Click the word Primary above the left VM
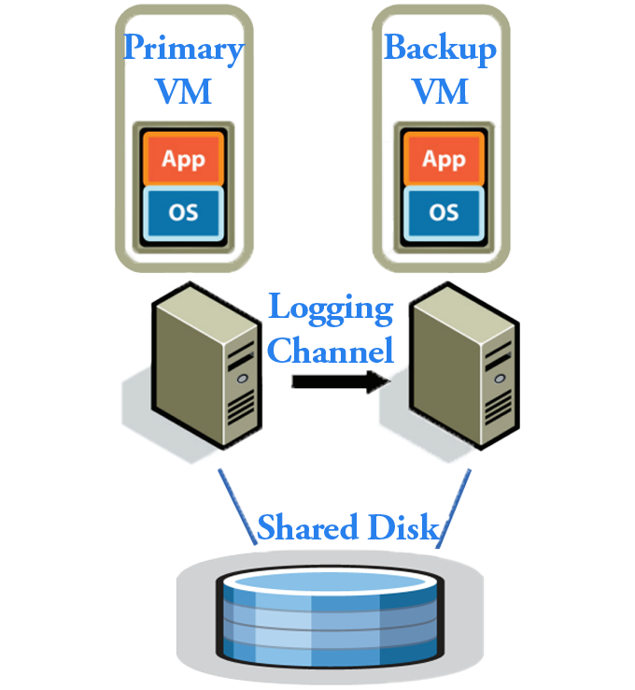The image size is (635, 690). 184,49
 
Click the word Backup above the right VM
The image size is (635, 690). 440,49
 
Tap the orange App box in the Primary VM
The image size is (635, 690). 183,158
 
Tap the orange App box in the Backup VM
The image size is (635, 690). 444,159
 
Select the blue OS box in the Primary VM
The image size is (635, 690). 183,211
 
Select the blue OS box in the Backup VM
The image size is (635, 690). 444,212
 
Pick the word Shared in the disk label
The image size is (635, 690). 303,528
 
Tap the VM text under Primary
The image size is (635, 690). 184,92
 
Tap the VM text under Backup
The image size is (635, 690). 440,92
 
